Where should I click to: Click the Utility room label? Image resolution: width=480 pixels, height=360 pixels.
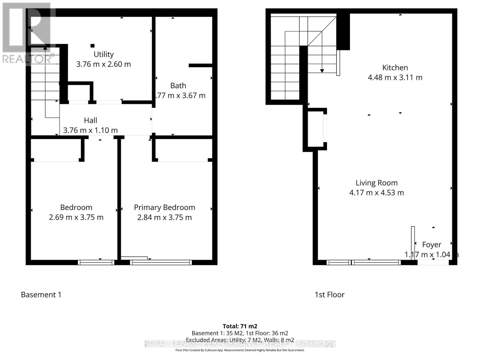[103, 54]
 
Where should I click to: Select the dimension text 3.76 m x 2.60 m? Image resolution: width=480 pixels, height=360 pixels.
[103, 64]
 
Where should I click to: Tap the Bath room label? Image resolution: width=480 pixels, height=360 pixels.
[178, 86]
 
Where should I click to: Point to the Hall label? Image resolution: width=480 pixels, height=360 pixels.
[90, 121]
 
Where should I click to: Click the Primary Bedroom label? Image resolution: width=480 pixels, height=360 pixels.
[164, 208]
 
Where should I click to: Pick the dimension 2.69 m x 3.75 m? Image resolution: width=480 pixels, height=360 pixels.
[76, 217]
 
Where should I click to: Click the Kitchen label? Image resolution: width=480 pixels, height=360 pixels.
[395, 68]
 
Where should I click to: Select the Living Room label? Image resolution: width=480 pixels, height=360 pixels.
[376, 183]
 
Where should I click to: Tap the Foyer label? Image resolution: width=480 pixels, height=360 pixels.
[431, 245]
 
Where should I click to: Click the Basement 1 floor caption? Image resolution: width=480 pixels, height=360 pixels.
[41, 295]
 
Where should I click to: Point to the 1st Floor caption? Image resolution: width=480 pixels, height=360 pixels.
[329, 295]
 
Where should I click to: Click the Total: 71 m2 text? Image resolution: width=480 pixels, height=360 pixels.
[240, 326]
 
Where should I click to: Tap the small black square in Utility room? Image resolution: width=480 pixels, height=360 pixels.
[92, 46]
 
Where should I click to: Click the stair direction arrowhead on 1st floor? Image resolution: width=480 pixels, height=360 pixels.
[322, 71]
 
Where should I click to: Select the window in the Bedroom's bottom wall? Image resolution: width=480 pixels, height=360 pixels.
[96, 262]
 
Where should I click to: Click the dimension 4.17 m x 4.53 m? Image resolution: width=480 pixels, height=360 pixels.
[376, 193]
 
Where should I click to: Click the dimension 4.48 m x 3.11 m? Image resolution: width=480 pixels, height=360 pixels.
[395, 77]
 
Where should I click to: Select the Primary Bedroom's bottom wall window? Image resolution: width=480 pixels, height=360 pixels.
[161, 262]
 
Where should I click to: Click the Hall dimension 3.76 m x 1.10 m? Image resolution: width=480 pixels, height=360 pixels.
[90, 130]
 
